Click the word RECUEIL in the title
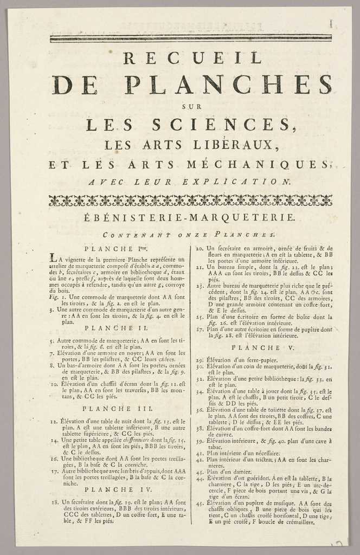click(192, 57)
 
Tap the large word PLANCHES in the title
click(228, 85)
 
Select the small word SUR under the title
click(192, 106)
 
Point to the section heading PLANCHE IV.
click(113, 489)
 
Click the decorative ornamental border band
click(190, 201)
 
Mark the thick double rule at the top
click(190, 38)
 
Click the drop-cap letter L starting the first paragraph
click(53, 257)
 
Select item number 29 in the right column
click(199, 360)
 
